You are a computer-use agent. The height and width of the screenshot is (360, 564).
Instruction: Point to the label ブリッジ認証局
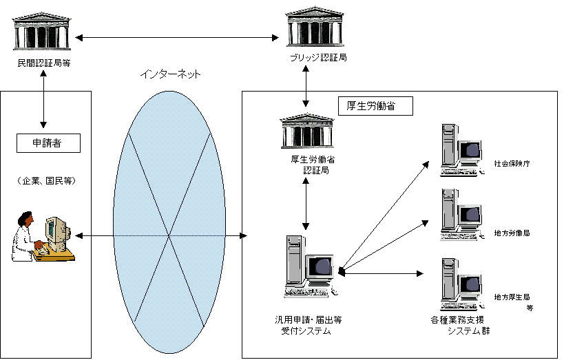click(x=317, y=58)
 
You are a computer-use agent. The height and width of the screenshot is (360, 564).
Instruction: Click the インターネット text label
click(x=169, y=73)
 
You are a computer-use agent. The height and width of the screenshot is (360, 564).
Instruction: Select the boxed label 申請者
click(x=48, y=143)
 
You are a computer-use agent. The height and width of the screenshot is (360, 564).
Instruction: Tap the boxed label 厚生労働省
click(x=375, y=107)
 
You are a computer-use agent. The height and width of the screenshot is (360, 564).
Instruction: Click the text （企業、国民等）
click(x=47, y=181)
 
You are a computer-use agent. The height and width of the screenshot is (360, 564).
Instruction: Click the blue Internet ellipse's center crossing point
click(x=169, y=236)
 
